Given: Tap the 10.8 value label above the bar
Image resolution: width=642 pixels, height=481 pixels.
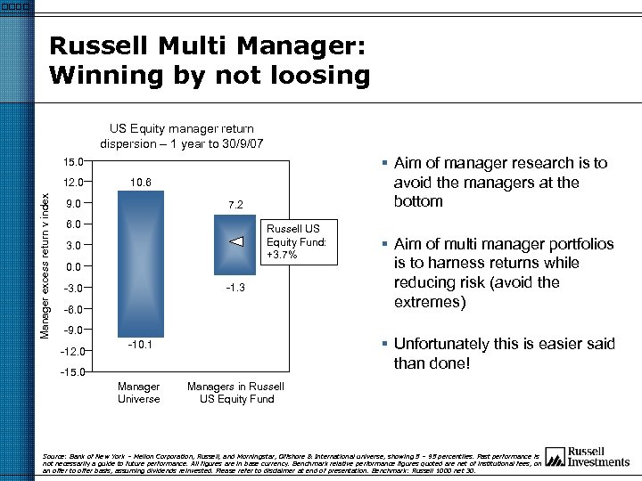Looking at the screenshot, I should tap(140, 183).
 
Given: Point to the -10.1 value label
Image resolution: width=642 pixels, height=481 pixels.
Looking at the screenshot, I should tap(139, 345).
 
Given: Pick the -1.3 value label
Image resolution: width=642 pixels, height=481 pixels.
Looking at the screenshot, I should tap(235, 288).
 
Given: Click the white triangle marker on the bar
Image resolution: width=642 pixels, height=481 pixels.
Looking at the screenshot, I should tap(235, 241).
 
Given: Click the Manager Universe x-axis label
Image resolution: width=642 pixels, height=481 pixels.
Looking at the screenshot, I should tap(139, 393).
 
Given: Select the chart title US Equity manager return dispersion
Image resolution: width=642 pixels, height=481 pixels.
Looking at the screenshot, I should tap(182, 135).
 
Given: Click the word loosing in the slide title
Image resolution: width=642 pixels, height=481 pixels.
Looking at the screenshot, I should tap(315, 76).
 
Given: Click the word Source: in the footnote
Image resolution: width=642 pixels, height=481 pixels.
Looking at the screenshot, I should tap(55, 455).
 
